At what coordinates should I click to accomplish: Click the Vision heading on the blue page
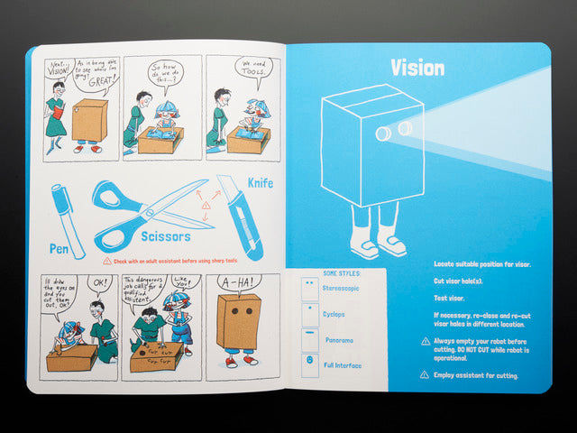point(417,68)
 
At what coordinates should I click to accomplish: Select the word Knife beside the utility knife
point(259,183)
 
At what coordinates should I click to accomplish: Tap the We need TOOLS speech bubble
point(252,69)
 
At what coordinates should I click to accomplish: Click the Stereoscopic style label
point(342,288)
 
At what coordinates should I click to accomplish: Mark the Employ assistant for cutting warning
point(476,374)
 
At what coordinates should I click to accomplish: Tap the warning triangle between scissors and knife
point(206,206)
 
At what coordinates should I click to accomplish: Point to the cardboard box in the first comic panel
point(89,120)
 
